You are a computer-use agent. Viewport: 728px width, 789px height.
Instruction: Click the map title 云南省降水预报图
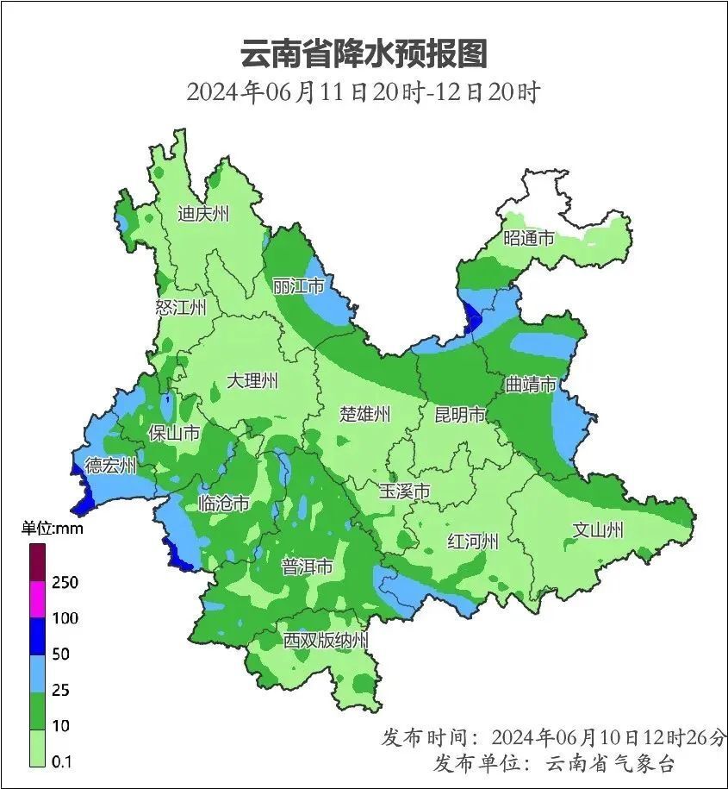pos(364,53)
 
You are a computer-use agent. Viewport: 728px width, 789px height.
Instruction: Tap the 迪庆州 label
pos(203,214)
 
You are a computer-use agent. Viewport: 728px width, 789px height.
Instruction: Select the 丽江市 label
pos(298,285)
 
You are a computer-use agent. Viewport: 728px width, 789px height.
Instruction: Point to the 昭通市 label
pos(529,238)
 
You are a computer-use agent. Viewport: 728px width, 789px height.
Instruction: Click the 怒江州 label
pos(182,308)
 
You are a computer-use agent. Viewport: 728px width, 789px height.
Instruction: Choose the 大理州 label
pos(252,380)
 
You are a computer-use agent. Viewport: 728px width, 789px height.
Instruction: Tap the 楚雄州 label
pos(364,414)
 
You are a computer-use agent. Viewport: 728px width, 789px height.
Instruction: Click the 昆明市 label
pos(460,415)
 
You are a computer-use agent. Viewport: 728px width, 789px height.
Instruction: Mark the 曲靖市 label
pos(531,385)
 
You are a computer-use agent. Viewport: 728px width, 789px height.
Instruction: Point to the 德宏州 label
pos(110,467)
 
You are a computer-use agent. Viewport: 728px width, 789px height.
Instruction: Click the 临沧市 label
pos(224,503)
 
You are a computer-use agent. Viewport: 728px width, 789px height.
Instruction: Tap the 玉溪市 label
pos(405,492)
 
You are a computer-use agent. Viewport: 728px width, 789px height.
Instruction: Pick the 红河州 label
pos(473,542)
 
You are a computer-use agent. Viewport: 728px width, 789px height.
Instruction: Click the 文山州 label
pos(598,529)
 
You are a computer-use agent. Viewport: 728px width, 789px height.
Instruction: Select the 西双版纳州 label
pos(327,641)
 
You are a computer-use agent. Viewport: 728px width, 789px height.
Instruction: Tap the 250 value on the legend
pos(65,583)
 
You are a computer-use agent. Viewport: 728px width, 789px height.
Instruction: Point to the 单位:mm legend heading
pos(53,529)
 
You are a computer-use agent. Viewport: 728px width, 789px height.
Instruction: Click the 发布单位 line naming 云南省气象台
pos(554,763)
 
